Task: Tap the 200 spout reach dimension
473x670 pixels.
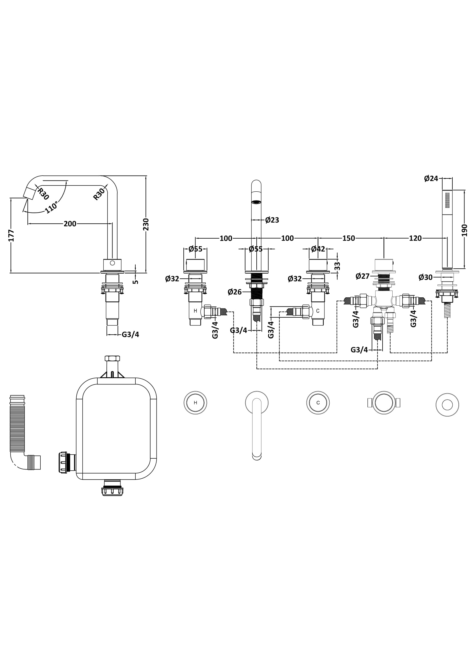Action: tap(70, 224)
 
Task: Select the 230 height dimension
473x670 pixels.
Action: tap(146, 224)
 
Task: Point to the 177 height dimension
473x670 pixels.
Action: tap(11, 235)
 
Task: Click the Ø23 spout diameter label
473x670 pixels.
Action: tap(272, 220)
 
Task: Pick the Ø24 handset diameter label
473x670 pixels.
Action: tap(431, 178)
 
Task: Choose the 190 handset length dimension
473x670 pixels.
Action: tap(464, 230)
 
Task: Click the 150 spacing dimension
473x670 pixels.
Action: tap(349, 238)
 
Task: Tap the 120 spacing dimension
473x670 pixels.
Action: tap(415, 238)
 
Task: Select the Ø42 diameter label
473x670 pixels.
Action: tap(318, 249)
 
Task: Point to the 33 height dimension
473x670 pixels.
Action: tap(337, 266)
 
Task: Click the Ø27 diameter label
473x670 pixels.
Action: tap(363, 276)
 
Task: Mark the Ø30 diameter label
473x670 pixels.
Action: tap(425, 278)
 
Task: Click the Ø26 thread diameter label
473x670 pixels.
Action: tap(235, 292)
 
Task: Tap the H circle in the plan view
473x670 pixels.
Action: tap(195, 403)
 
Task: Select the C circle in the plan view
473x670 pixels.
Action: tap(318, 403)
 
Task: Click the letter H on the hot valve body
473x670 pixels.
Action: tap(195, 311)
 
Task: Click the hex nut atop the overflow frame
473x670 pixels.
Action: tap(112, 358)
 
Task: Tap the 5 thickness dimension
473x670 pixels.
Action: tap(136, 282)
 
